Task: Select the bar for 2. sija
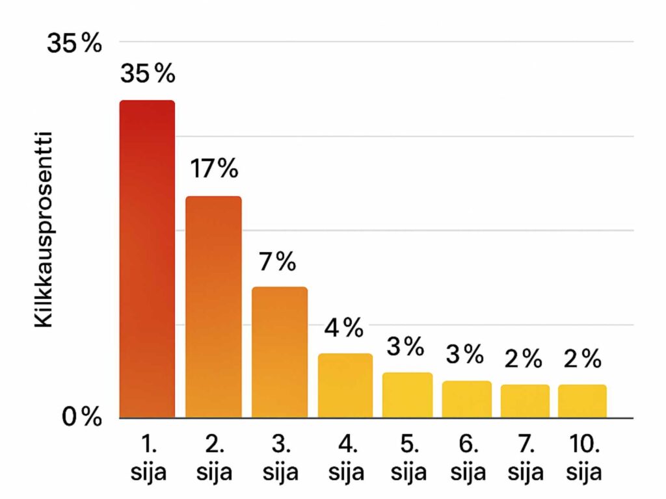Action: click(x=213, y=307)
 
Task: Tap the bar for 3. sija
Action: click(x=280, y=352)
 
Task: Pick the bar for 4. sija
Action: click(x=345, y=385)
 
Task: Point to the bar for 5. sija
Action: click(x=407, y=394)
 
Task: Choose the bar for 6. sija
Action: click(x=466, y=399)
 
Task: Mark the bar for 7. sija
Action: click(x=525, y=401)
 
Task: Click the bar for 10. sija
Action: click(x=582, y=401)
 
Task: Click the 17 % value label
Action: click(x=214, y=169)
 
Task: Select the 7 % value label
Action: click(x=277, y=262)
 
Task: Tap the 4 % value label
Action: click(x=343, y=329)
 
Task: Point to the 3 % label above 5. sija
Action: click(x=405, y=347)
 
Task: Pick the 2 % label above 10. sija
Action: click(x=582, y=359)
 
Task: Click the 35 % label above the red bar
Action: click(x=148, y=74)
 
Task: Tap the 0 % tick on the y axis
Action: click(x=81, y=417)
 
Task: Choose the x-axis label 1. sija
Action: click(x=148, y=459)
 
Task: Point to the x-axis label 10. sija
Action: click(x=583, y=459)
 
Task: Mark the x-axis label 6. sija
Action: click(x=466, y=459)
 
